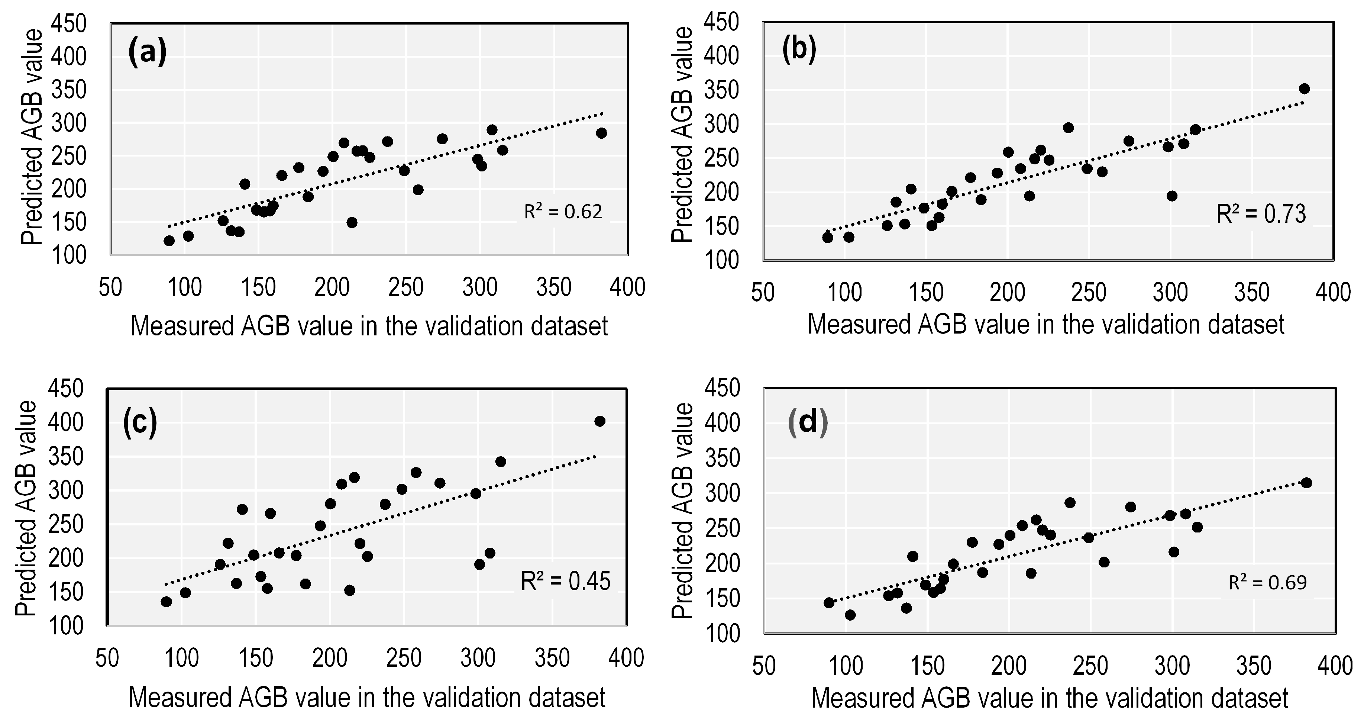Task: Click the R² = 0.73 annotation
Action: pos(1261,214)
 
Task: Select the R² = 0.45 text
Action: pos(566,581)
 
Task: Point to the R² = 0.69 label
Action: pos(1268,583)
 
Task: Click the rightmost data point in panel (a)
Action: pos(601,133)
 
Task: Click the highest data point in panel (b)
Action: pos(1304,88)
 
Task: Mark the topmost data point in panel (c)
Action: pos(599,421)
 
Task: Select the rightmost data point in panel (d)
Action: pos(1306,483)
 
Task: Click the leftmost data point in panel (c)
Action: pos(166,601)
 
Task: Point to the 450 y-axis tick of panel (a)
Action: pos(68,24)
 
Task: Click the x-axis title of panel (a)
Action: pos(369,326)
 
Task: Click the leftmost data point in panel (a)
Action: pos(169,241)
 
